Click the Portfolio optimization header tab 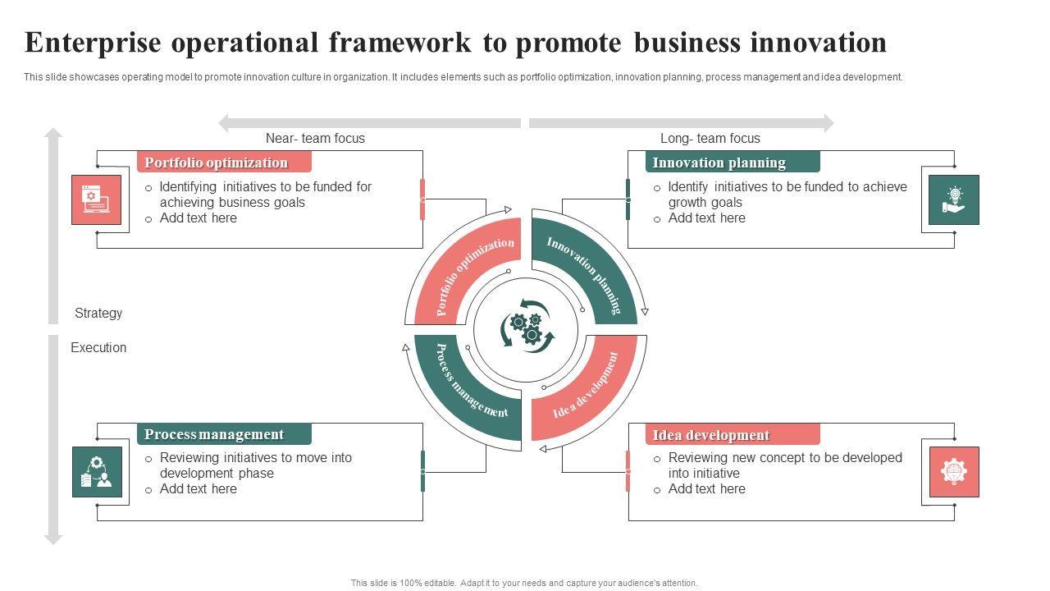[224, 163]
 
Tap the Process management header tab [224, 434]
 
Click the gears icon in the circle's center [527, 329]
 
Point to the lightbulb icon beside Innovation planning [954, 199]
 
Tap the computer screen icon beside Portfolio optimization [97, 199]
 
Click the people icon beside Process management [97, 471]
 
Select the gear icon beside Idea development [954, 471]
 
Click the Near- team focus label [315, 139]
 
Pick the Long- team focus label [710, 139]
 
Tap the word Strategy [98, 313]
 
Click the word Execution [98, 347]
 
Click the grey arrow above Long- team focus [681, 123]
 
